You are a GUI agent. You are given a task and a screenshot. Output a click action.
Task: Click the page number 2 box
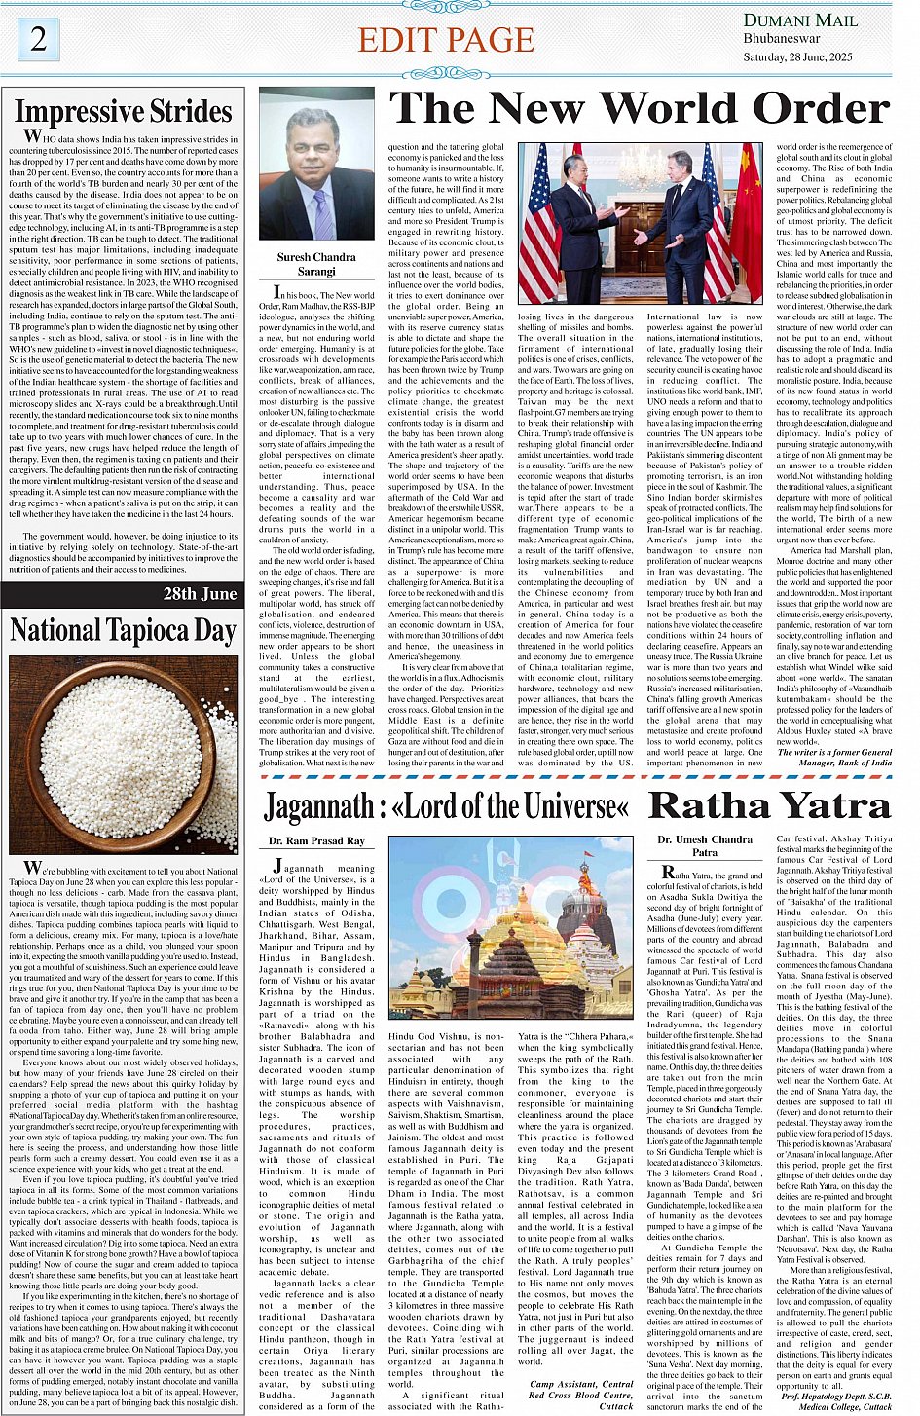point(39,39)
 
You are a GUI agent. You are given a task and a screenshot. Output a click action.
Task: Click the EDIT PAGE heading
point(447,40)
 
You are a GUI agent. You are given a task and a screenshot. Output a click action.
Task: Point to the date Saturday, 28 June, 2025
point(804,56)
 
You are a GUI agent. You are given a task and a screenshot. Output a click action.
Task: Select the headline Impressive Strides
point(124,110)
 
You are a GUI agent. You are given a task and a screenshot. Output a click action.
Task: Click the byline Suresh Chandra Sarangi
point(316,265)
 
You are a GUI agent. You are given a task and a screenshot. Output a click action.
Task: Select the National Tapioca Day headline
point(124,631)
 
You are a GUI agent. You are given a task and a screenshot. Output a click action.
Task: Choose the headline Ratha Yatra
point(769,805)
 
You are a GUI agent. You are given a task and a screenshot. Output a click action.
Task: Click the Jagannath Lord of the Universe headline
point(448,806)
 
